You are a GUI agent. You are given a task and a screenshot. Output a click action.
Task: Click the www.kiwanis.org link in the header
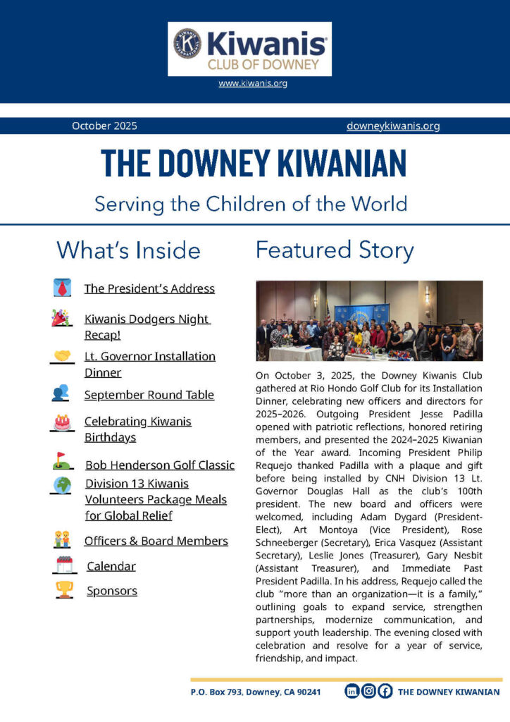click(253, 83)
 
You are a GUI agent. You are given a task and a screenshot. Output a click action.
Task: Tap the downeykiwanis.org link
click(393, 126)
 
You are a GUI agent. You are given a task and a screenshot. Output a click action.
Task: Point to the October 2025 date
click(104, 126)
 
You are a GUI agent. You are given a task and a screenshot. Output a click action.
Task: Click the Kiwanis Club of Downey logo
click(249, 49)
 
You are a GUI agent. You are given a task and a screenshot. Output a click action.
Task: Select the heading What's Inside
click(128, 250)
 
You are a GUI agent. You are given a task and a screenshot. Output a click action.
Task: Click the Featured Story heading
click(335, 250)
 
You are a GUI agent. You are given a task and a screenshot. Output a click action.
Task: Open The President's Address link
click(149, 288)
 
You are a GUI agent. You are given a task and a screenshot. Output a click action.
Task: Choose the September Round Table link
click(149, 395)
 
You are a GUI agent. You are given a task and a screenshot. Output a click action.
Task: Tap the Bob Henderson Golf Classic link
click(160, 465)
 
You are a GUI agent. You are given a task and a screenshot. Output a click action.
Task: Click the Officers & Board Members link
click(156, 541)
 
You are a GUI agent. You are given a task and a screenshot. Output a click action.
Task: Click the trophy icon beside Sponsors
click(64, 589)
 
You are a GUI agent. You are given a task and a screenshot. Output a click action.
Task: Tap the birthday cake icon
click(62, 422)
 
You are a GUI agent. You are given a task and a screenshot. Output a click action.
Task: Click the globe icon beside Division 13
click(62, 485)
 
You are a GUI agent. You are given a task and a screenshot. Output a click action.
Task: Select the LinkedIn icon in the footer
click(351, 692)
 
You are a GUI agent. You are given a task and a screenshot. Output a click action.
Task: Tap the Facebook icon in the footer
click(385, 692)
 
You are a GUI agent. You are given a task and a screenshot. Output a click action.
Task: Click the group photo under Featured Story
click(369, 321)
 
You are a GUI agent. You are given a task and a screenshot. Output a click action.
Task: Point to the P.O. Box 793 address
click(256, 692)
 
